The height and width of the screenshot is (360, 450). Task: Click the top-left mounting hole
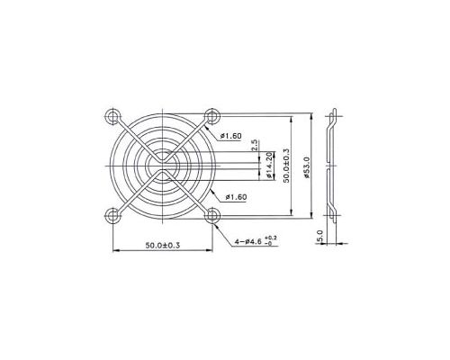[x=112, y=116]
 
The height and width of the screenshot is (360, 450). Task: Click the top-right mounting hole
[x=212, y=116]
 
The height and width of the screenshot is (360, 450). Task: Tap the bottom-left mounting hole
[x=112, y=215]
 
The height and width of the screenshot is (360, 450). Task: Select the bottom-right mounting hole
[x=212, y=215]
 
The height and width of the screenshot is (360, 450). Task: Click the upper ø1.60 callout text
[x=231, y=136]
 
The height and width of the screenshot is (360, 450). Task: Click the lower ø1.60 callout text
[x=236, y=197]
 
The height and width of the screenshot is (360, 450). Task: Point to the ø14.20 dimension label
[x=269, y=166]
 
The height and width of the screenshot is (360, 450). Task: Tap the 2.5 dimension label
[x=255, y=145]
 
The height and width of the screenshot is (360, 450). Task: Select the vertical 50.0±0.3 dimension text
[x=285, y=166]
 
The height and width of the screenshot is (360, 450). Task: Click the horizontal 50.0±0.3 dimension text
[x=163, y=246]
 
